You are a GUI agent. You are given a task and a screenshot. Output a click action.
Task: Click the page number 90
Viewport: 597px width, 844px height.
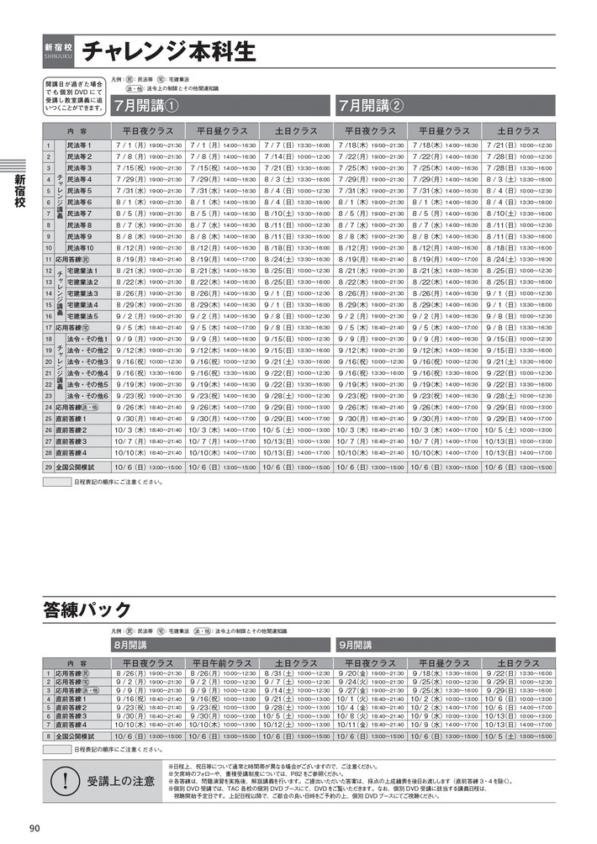click(34, 829)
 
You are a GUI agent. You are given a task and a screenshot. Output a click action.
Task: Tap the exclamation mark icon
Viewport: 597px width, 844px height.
click(64, 781)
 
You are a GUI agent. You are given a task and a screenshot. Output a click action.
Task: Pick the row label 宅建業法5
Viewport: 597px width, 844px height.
click(84, 316)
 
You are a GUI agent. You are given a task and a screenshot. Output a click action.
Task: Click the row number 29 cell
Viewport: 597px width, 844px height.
click(48, 466)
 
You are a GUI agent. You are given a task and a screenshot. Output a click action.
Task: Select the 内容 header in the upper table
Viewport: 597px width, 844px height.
click(77, 131)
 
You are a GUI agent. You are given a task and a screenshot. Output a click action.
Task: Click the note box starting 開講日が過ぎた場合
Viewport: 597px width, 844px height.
click(73, 97)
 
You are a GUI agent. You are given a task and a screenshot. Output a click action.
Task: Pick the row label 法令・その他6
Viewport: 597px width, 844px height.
click(89, 395)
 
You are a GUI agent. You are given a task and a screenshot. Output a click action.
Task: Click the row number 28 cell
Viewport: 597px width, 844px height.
click(48, 452)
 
